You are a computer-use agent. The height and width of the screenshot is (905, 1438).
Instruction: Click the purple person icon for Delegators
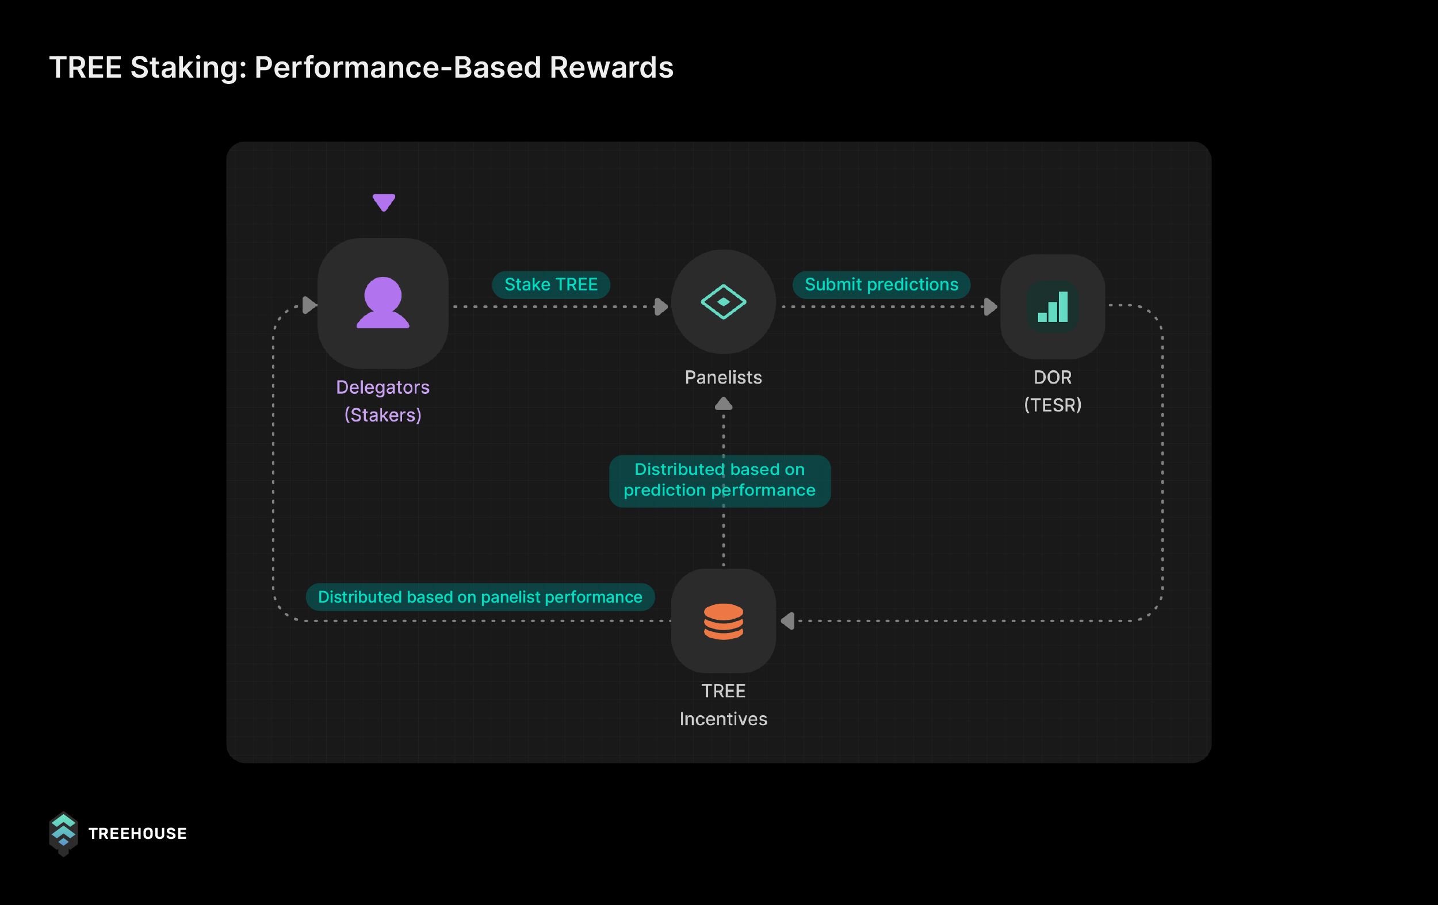tap(383, 302)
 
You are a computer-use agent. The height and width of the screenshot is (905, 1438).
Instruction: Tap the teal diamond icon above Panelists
tap(723, 302)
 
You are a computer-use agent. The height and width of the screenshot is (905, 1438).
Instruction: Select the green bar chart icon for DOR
tap(1053, 307)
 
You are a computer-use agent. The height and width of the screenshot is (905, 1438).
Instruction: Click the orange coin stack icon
tap(723, 622)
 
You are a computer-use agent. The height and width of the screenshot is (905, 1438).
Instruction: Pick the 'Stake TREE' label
tap(550, 285)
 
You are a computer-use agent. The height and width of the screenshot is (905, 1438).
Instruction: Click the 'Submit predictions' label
tap(881, 285)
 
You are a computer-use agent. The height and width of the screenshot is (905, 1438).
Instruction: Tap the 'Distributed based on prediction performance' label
tap(719, 480)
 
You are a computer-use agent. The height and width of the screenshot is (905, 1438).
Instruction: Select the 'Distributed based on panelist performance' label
tap(480, 597)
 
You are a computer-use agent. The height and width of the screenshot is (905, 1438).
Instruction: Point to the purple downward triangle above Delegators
tap(384, 202)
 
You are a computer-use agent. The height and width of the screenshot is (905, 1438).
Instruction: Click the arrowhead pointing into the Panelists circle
tap(661, 307)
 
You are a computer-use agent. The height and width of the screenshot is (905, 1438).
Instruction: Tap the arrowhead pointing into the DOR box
tap(990, 307)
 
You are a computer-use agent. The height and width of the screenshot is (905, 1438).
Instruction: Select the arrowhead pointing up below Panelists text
tap(723, 404)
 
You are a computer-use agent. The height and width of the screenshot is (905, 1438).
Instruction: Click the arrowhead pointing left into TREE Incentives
tap(788, 621)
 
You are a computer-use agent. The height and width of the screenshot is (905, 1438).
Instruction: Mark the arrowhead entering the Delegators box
tap(309, 305)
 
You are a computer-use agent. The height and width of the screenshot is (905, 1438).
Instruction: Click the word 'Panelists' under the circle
tap(723, 377)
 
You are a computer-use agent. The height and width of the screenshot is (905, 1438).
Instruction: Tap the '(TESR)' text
tap(1052, 405)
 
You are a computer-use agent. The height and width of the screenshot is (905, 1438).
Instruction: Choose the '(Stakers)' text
tap(383, 415)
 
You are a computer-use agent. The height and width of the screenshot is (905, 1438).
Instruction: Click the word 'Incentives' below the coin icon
tap(723, 719)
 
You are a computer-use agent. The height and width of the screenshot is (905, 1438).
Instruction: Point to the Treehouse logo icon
tap(63, 833)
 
